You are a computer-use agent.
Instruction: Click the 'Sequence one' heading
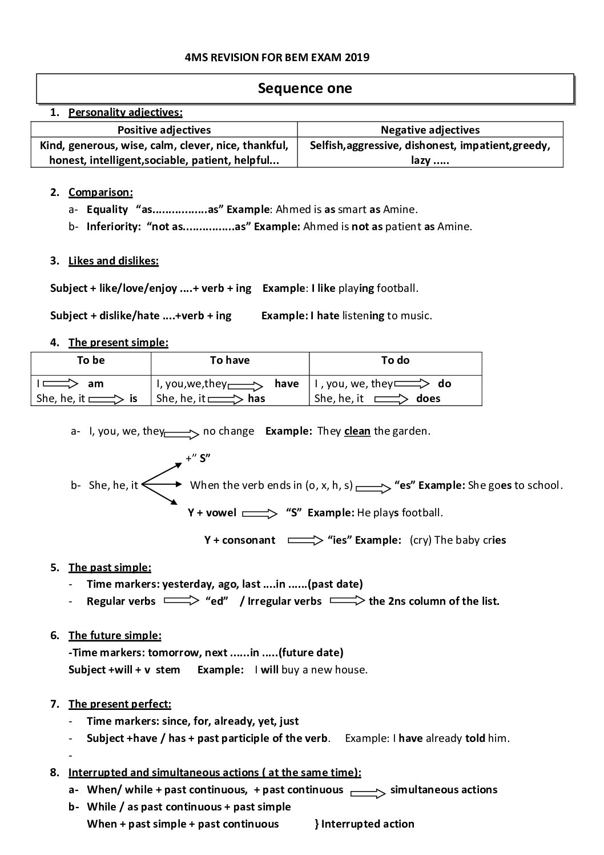305,89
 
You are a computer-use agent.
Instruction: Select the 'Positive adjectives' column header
164,130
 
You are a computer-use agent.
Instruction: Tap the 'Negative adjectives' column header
430,130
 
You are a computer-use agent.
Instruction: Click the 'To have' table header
229,360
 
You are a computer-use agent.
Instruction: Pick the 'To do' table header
395,360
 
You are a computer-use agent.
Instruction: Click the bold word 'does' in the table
428,399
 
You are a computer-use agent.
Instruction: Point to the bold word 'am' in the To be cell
96,384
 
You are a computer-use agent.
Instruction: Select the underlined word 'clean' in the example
357,431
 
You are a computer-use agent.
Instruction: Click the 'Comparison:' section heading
100,192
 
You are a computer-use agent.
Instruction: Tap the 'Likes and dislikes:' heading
114,261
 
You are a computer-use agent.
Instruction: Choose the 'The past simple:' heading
110,568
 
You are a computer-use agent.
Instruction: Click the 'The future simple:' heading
115,636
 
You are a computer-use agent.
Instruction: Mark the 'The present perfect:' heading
120,704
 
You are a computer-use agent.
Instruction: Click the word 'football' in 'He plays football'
422,513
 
